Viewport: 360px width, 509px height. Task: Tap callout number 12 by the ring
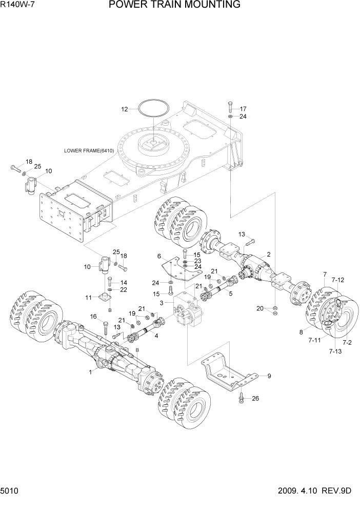pyautogui.click(x=124, y=109)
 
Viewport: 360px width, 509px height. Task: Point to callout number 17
pyautogui.click(x=243, y=109)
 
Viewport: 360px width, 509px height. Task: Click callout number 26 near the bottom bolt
pyautogui.click(x=256, y=398)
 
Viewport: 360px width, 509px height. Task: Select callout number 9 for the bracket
pyautogui.click(x=269, y=376)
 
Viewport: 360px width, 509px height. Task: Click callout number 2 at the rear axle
pyautogui.click(x=268, y=254)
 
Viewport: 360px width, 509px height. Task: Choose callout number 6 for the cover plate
pyautogui.click(x=159, y=256)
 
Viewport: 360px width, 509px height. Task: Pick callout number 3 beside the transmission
pyautogui.click(x=162, y=303)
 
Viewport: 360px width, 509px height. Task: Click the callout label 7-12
pyautogui.click(x=338, y=280)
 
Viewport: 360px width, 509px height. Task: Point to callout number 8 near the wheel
pyautogui.click(x=302, y=332)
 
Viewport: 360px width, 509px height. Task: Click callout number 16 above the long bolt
pyautogui.click(x=93, y=316)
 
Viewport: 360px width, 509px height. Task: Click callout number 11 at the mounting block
pyautogui.click(x=88, y=298)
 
